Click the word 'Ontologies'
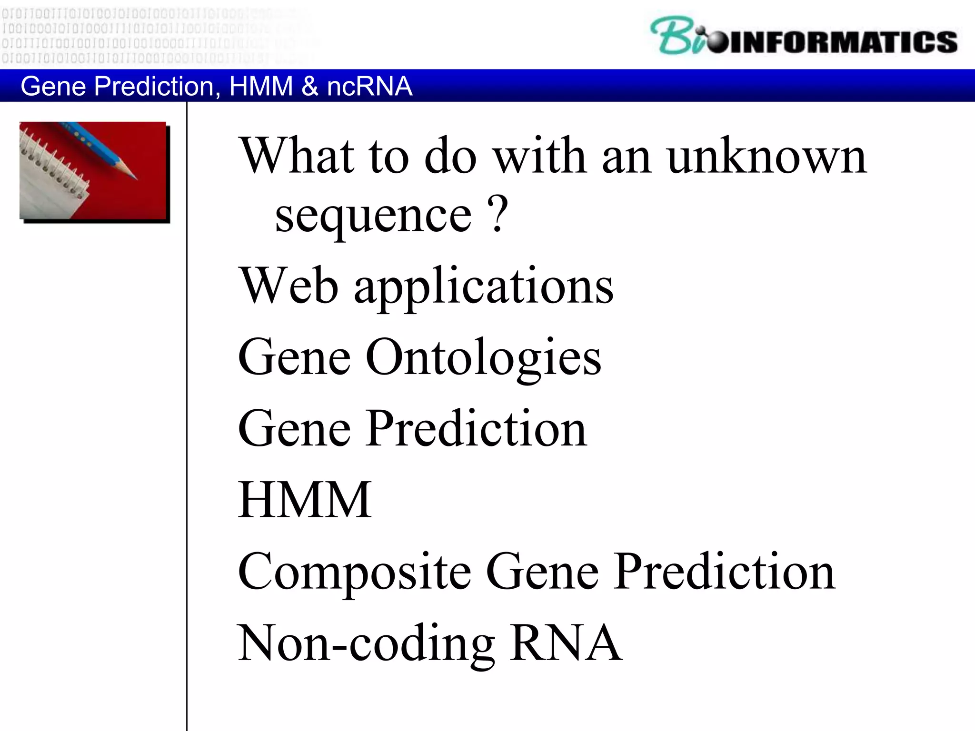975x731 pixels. (483, 357)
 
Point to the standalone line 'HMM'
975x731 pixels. (305, 500)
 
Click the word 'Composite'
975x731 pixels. (354, 572)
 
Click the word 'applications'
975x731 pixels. (484, 287)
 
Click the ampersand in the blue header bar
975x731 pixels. (310, 86)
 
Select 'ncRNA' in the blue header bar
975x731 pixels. (369, 86)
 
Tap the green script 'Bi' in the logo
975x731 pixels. (676, 36)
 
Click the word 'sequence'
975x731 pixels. (373, 216)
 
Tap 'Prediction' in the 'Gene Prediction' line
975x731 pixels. (476, 428)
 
